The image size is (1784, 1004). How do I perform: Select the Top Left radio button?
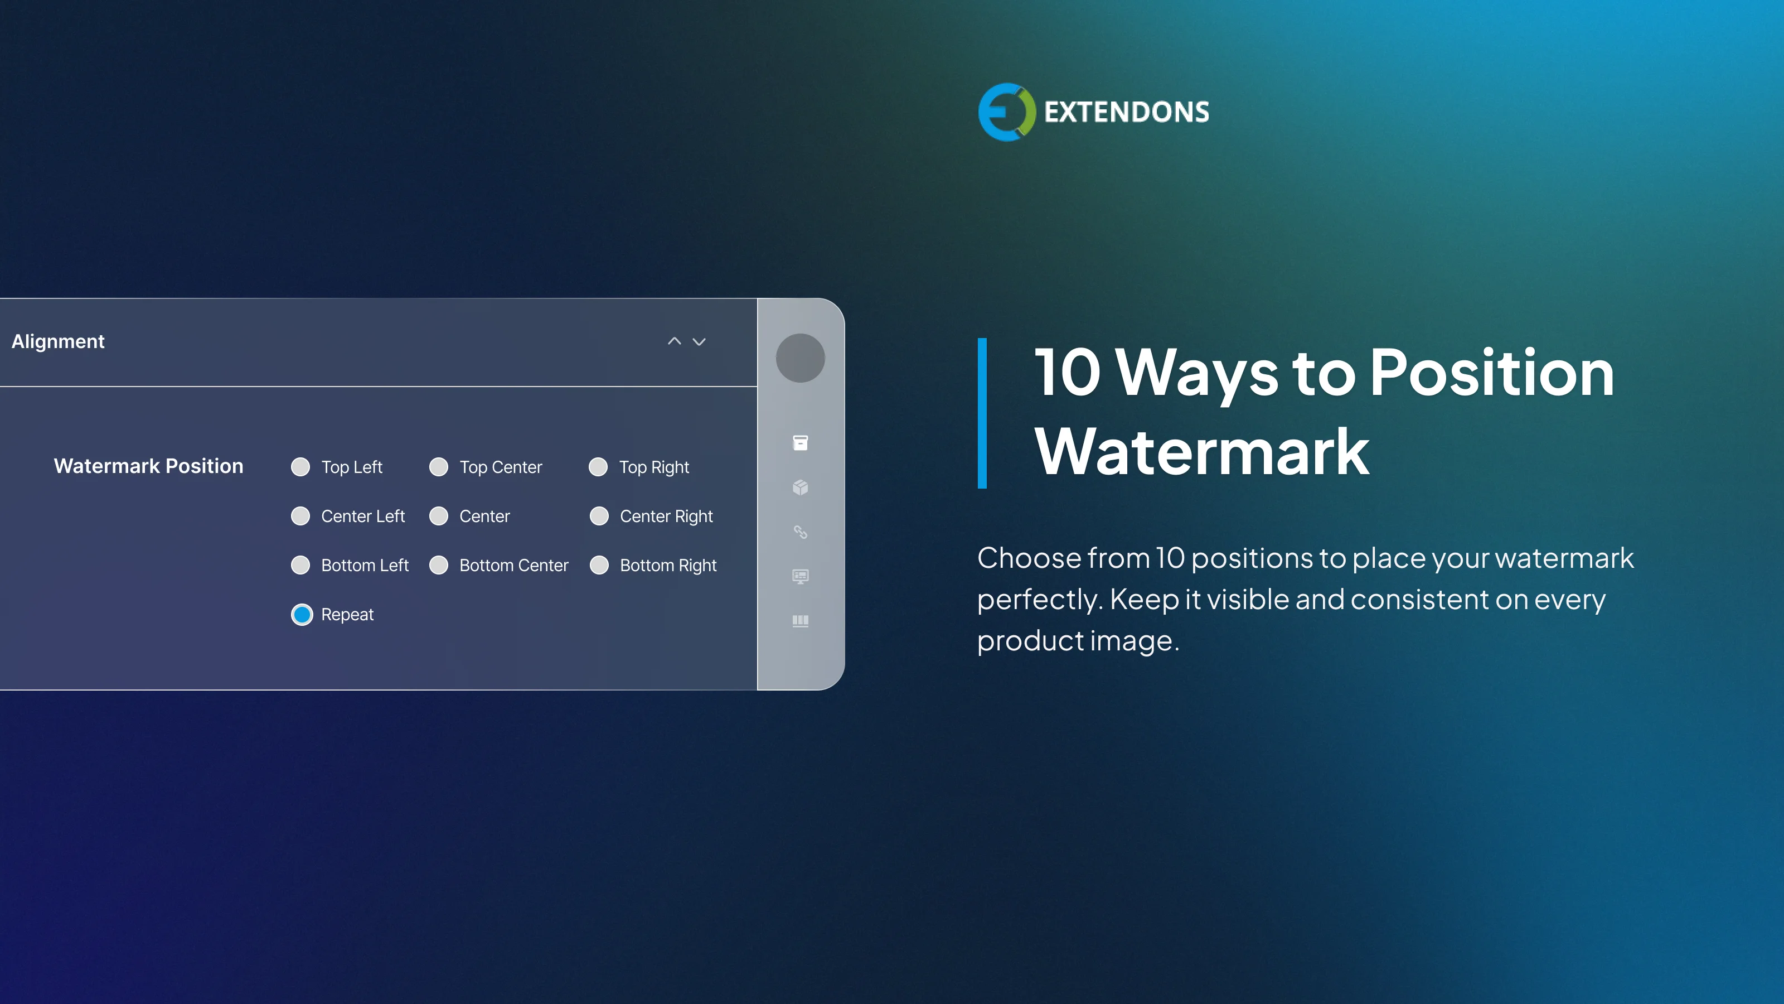click(x=300, y=467)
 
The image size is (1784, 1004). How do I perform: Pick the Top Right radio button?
click(x=598, y=467)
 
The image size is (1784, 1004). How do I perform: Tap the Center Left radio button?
click(x=300, y=516)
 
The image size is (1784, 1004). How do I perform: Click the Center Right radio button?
click(x=599, y=516)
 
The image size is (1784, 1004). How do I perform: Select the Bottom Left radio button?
click(x=300, y=566)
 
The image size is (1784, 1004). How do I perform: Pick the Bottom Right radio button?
click(x=599, y=566)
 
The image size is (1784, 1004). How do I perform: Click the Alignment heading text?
click(x=58, y=341)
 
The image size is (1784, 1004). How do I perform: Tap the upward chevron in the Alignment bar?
click(x=675, y=341)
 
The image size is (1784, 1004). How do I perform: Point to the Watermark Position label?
click(x=149, y=466)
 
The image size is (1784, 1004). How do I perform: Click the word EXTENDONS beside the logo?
click(x=1127, y=112)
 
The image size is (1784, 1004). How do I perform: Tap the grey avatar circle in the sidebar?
click(x=801, y=358)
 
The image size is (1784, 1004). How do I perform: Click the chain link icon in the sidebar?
click(x=801, y=532)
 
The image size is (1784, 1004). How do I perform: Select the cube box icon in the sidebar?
click(x=801, y=488)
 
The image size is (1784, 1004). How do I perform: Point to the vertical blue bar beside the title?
click(x=982, y=414)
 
